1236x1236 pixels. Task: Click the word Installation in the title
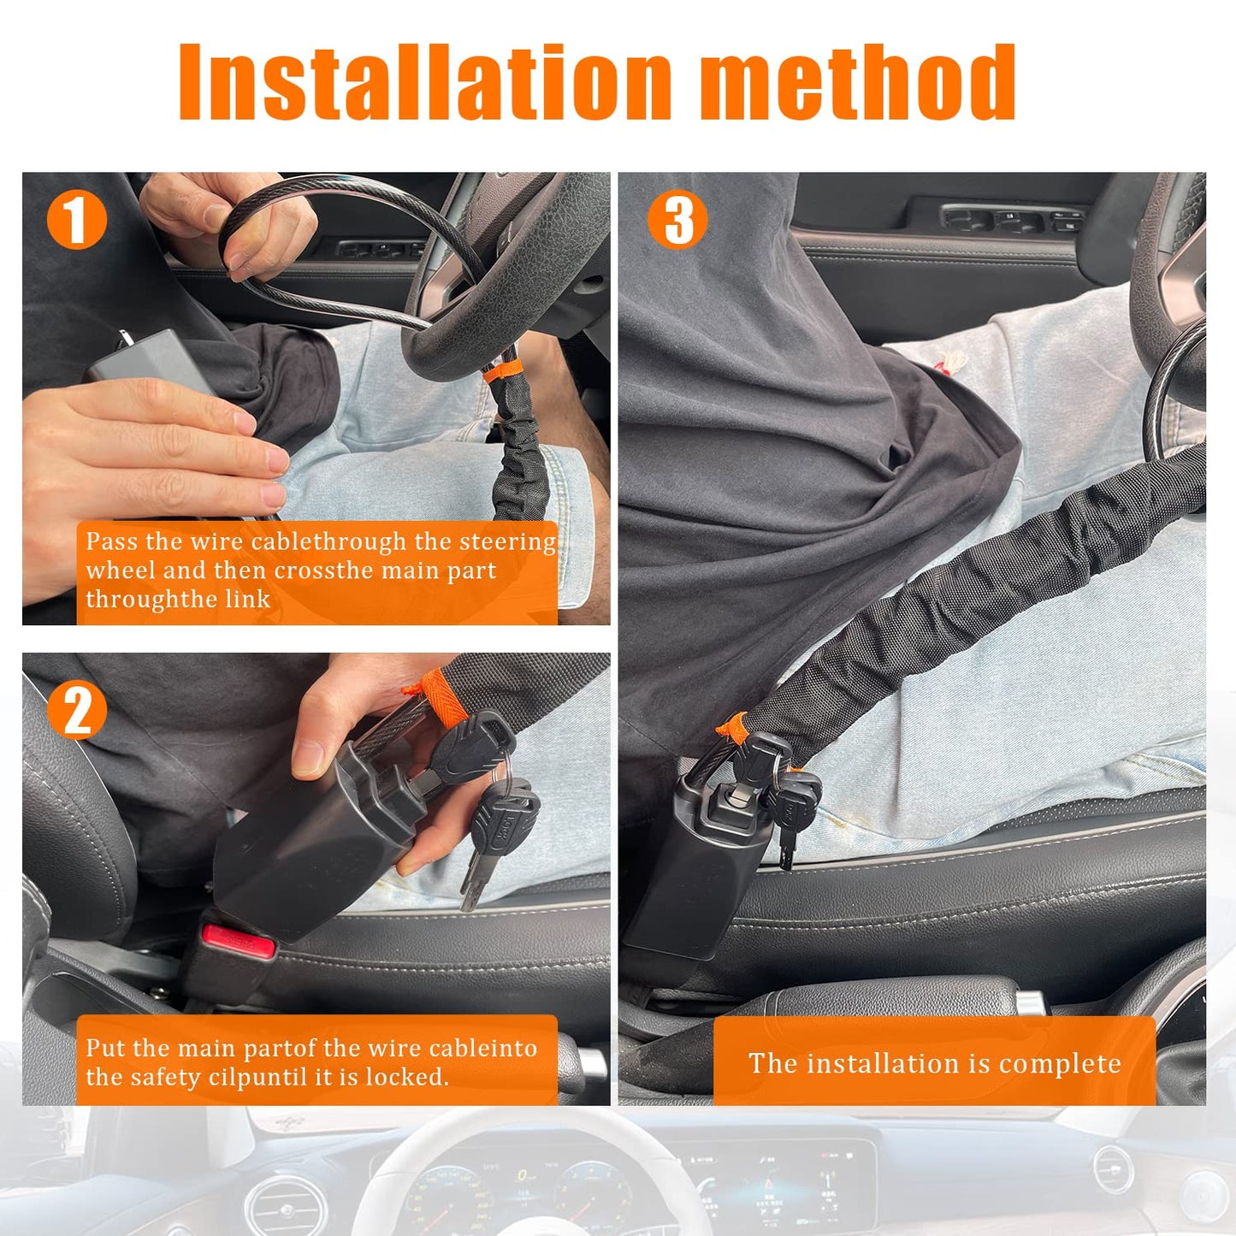(424, 82)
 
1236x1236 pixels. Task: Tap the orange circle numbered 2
(77, 709)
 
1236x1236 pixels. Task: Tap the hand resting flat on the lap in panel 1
(154, 449)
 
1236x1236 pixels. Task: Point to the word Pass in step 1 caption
(112, 542)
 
